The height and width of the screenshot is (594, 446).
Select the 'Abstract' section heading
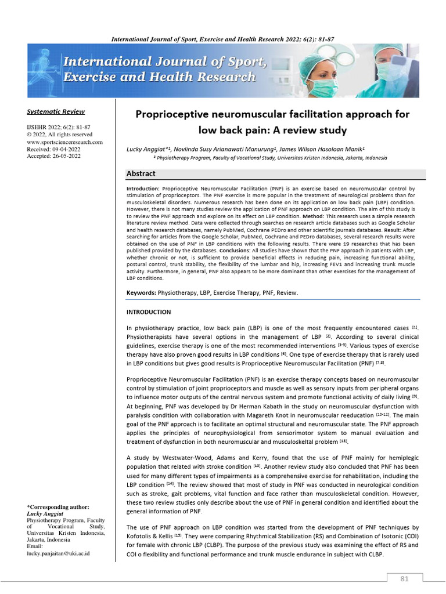click(x=141, y=173)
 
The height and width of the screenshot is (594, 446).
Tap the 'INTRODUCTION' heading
click(x=149, y=312)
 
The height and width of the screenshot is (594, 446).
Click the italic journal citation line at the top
click(x=222, y=39)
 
